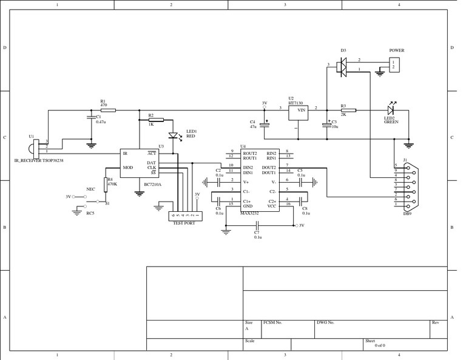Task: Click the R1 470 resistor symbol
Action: click(104, 110)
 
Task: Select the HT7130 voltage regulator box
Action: click(297, 110)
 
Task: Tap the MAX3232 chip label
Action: click(250, 213)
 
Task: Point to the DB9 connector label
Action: click(407, 213)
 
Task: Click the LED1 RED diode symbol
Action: click(172, 136)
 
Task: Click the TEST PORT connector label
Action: click(185, 223)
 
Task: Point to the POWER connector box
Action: click(394, 64)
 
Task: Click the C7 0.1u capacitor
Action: click(257, 225)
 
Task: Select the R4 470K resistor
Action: click(106, 184)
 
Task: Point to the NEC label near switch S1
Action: click(91, 189)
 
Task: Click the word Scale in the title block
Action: click(249, 341)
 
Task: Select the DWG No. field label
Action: click(326, 322)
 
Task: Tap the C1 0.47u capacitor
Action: click(91, 118)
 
